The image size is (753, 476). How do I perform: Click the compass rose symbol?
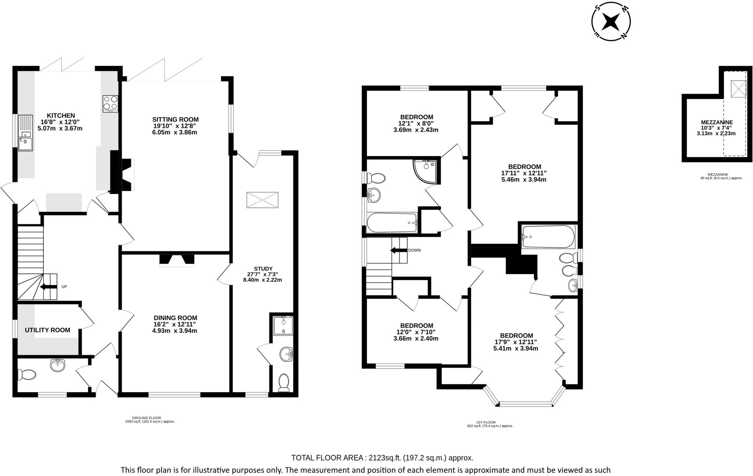pos(611,23)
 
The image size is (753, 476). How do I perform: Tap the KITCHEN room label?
pos(61,116)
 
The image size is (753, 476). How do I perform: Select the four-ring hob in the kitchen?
pos(111,103)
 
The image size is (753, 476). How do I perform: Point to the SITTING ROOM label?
pos(175,120)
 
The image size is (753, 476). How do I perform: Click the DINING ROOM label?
pos(175,318)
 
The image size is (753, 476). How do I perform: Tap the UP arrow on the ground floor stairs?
pos(47,287)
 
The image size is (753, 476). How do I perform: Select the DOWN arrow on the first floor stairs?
pos(397,250)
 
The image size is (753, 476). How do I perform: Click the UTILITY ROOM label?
pos(47,330)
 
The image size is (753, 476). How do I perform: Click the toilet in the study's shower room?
pos(284,383)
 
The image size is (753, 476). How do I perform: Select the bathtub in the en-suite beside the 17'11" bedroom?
pos(547,237)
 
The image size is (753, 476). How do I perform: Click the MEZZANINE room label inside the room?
pos(717,122)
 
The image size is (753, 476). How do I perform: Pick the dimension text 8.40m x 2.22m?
pos(263,280)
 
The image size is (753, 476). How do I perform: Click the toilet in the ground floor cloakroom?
pos(29,375)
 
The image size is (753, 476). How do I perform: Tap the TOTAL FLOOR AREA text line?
pos(382,458)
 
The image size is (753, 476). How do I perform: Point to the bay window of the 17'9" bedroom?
pos(526,404)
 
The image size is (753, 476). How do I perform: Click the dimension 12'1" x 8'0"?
pos(416,124)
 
